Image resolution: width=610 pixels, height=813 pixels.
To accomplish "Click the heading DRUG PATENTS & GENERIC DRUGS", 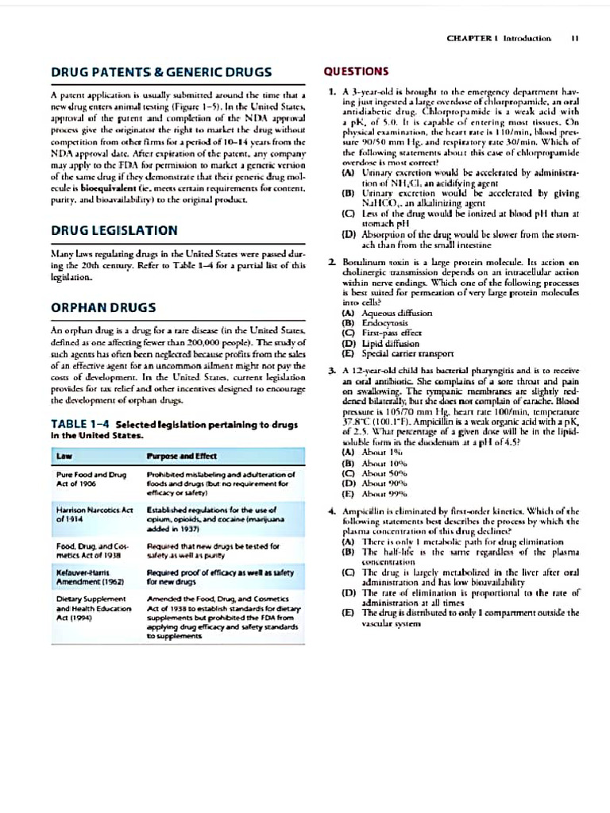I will (161, 71).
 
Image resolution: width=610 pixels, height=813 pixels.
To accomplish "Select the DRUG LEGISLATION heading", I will (114, 230).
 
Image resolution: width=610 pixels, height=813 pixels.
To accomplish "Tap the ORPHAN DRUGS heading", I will (103, 306).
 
